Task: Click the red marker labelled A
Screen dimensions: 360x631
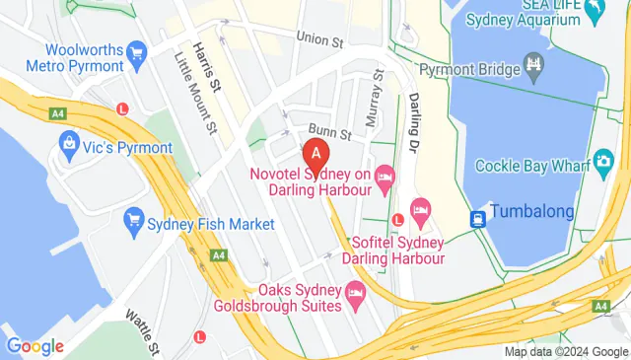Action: click(315, 154)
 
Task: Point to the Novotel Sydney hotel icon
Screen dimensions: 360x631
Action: click(385, 177)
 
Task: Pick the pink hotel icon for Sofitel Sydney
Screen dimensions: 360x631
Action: click(421, 209)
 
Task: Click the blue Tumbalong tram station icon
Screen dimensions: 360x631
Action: click(478, 217)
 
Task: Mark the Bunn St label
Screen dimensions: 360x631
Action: click(331, 131)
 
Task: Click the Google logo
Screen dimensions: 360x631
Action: click(35, 346)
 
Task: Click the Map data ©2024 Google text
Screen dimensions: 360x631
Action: click(566, 351)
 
